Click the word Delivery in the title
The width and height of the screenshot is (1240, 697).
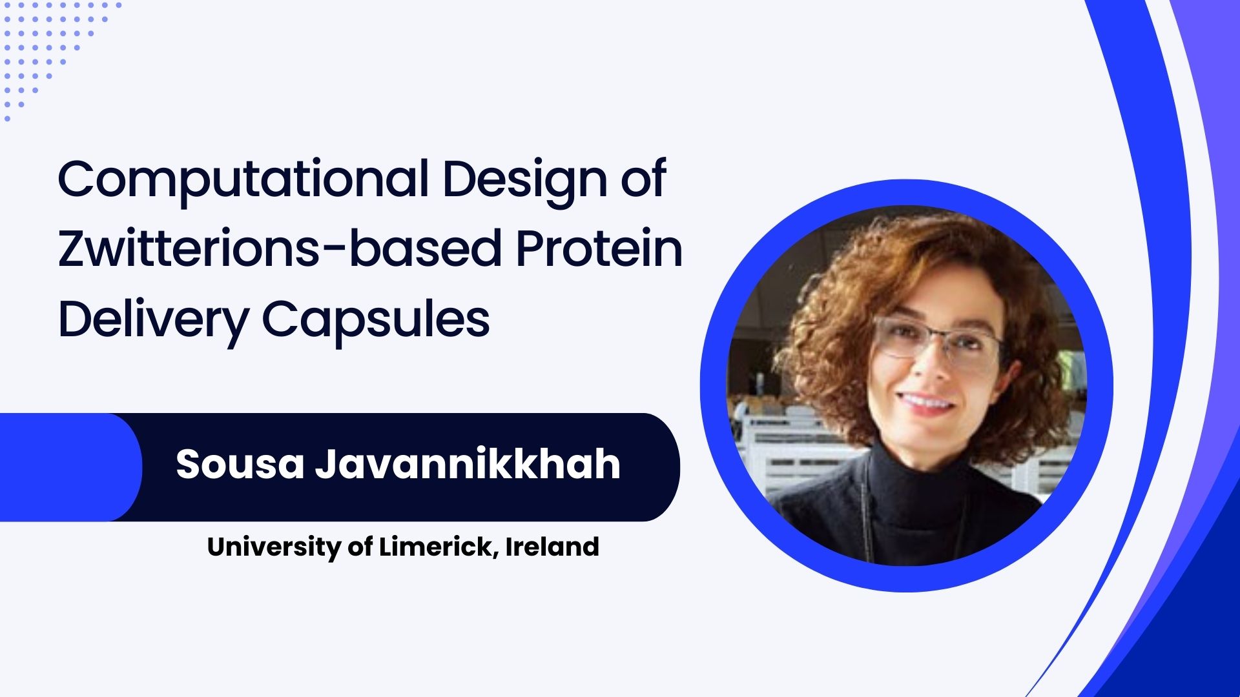pos(154,320)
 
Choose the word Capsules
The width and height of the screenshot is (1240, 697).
pos(376,320)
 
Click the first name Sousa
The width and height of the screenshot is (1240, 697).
pos(240,464)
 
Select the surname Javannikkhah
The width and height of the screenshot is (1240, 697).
pos(468,464)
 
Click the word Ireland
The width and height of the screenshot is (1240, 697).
pos(552,547)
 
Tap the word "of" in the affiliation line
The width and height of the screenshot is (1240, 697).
pos(360,547)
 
